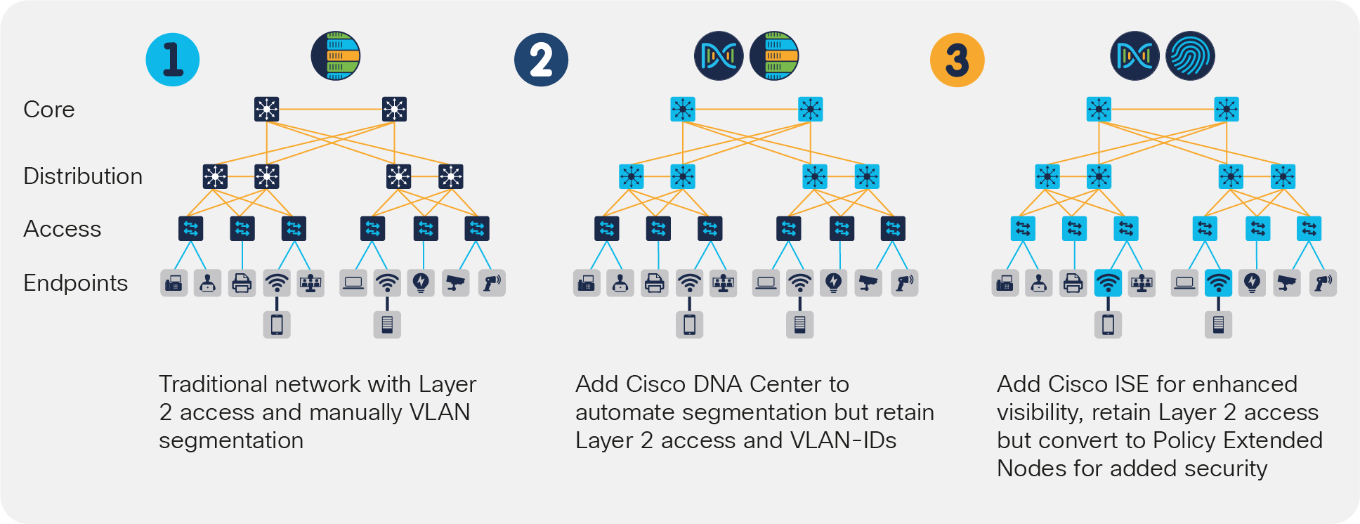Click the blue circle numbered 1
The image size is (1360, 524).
(173, 60)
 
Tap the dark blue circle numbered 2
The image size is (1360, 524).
(541, 60)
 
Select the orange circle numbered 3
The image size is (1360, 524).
(957, 60)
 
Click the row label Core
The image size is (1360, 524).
(48, 110)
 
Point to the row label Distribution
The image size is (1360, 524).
(83, 176)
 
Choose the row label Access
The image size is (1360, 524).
(62, 229)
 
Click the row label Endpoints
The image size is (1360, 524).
(75, 283)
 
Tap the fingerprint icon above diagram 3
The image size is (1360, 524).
(1190, 55)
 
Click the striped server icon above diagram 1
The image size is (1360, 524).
(336, 55)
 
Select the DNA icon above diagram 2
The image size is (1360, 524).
(719, 55)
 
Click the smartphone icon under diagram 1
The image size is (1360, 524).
(277, 325)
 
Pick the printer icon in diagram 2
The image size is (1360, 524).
(654, 283)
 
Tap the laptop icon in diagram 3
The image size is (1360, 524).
(1184, 283)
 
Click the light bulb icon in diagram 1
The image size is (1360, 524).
(421, 283)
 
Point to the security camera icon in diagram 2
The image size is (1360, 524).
(869, 283)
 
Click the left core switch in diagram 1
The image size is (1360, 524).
(267, 109)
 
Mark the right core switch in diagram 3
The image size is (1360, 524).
(1227, 109)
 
